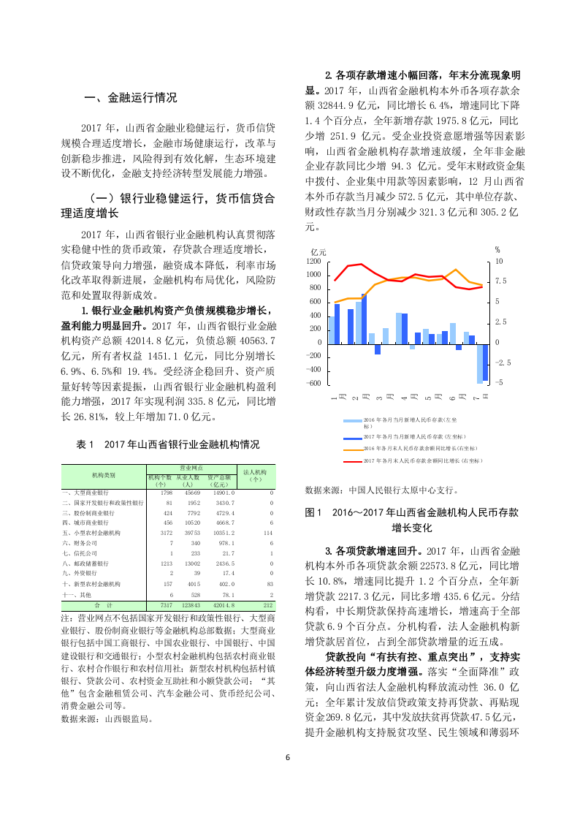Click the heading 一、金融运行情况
131,97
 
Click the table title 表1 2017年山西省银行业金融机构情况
167,444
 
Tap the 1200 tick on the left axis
314,261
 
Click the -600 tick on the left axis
314,383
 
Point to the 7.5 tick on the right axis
500,281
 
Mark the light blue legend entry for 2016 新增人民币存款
353,421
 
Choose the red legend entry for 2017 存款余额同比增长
353,461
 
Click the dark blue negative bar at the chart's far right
485,362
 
